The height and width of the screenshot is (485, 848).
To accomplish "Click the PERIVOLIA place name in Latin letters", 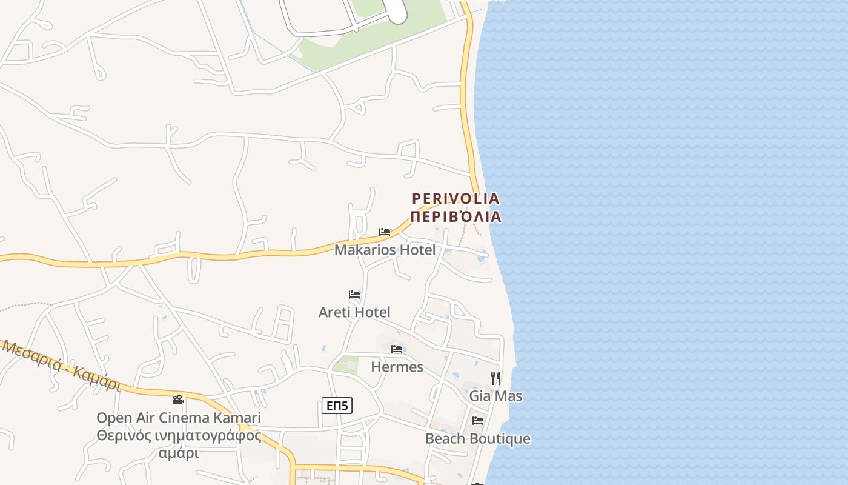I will point(455,199).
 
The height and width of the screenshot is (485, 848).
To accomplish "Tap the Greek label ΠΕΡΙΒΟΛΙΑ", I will point(455,216).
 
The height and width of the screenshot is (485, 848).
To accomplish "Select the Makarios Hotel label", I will point(385,250).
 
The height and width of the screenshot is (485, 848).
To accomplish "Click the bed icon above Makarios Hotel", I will point(385,232).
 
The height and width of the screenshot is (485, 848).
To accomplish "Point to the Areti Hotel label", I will point(354,312).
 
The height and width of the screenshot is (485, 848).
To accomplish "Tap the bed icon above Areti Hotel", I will point(354,295).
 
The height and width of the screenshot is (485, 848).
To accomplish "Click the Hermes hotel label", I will point(397,367).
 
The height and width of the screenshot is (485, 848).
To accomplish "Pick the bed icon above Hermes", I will point(397,349).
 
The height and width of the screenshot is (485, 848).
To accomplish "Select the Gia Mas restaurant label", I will point(495,396).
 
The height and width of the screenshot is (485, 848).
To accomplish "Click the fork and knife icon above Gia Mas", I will point(495,378).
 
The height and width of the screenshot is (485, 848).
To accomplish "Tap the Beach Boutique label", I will point(477,439).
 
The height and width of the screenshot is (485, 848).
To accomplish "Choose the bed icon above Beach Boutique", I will point(478,421).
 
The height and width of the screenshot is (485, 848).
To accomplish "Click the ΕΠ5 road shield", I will point(337,406).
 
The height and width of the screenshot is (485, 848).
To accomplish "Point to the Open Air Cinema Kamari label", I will point(179,418).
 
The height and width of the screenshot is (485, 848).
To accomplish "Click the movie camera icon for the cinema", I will point(178,400).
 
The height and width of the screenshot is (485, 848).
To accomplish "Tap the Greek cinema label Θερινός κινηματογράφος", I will point(179,436).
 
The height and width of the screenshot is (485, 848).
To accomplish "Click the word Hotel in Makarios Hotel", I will point(415,250).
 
